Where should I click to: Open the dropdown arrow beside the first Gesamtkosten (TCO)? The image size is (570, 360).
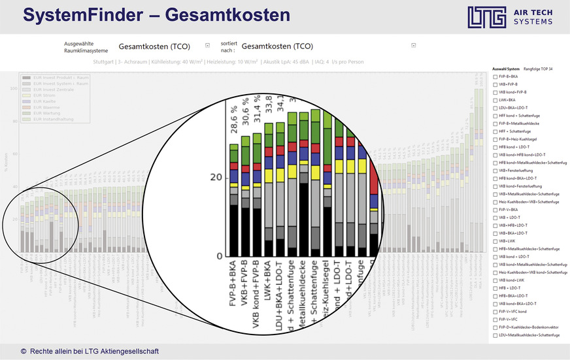point(207,46)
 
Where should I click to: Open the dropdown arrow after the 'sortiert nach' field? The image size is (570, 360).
point(413,46)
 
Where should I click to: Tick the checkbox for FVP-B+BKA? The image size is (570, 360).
point(495,76)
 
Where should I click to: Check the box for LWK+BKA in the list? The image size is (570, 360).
point(495,100)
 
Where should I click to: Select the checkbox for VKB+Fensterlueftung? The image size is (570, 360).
point(495,170)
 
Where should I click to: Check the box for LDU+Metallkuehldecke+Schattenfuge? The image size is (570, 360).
point(495,335)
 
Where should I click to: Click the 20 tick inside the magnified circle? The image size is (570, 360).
point(216,177)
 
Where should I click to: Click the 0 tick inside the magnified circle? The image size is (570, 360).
point(220,255)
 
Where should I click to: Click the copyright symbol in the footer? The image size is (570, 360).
point(24,352)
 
